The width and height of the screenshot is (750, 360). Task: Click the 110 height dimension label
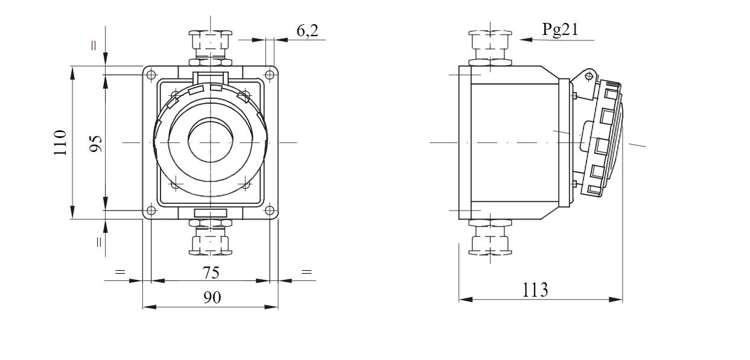[60, 142]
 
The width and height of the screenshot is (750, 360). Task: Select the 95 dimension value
[96, 144]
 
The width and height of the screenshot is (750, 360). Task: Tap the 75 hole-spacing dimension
[211, 273]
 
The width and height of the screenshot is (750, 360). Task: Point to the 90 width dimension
[212, 297]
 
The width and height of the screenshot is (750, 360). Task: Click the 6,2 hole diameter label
[307, 30]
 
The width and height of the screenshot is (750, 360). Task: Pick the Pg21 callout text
[560, 29]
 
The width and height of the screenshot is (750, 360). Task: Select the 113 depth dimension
[535, 289]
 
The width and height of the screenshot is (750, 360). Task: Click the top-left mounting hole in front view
[151, 74]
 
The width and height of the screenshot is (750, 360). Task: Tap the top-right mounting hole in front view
[270, 74]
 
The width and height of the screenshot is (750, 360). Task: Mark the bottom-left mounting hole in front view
[151, 211]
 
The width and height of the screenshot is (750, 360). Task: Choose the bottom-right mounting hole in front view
[270, 211]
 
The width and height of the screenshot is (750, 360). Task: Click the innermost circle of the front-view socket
[210, 142]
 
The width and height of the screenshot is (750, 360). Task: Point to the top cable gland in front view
[210, 48]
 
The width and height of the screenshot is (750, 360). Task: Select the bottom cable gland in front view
[210, 237]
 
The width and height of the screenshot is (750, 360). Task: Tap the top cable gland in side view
[490, 48]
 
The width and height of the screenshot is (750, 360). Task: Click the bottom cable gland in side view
[490, 237]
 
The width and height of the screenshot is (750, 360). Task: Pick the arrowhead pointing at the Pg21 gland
[526, 40]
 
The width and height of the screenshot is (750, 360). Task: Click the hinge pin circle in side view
[589, 77]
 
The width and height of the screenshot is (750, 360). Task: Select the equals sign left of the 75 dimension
[120, 271]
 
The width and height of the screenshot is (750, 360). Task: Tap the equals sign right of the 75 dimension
[307, 271]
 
